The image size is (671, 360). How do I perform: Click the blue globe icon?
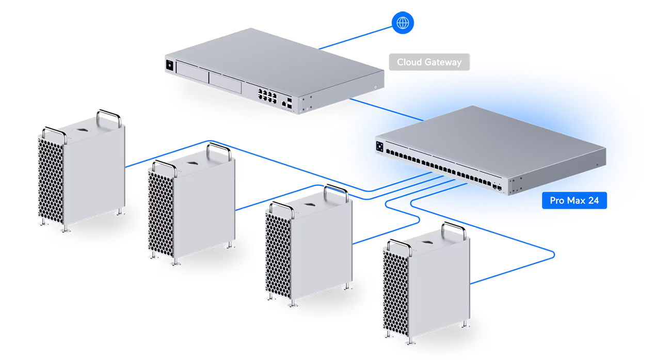coord(403,22)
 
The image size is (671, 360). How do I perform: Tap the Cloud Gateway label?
coord(429,62)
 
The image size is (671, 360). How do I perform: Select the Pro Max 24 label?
coord(574,200)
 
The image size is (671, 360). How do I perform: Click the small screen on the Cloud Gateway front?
coord(169,65)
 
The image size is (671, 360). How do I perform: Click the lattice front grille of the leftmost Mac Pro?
coord(52,178)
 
